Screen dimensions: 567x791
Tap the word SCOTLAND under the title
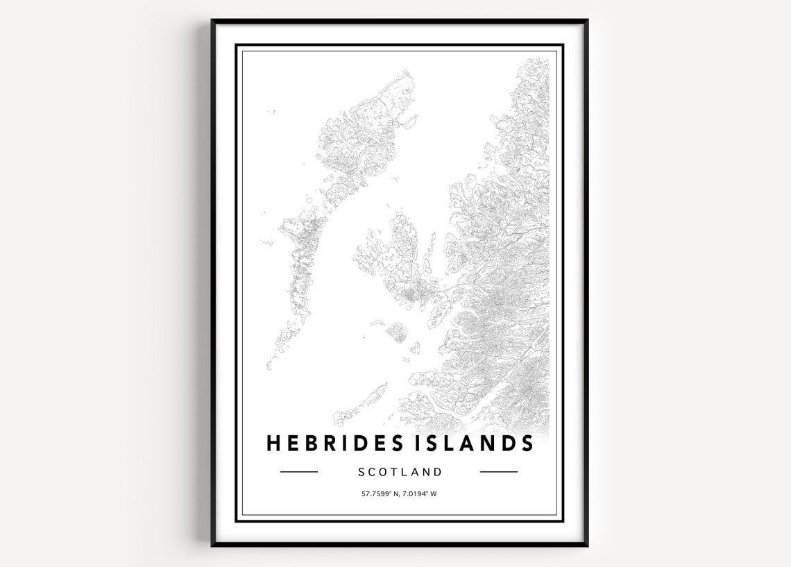(400, 472)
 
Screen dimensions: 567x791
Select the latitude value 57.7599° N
(377, 494)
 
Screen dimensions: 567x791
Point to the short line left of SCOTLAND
(298, 472)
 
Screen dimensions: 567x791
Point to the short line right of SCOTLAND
(499, 472)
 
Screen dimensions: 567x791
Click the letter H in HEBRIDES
(274, 443)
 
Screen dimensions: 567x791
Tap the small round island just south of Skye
(396, 332)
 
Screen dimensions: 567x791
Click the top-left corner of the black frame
(213, 21)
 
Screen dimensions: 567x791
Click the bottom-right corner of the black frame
(586, 545)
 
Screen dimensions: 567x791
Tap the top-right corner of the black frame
(586, 21)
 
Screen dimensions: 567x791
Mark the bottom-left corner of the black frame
(213, 545)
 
